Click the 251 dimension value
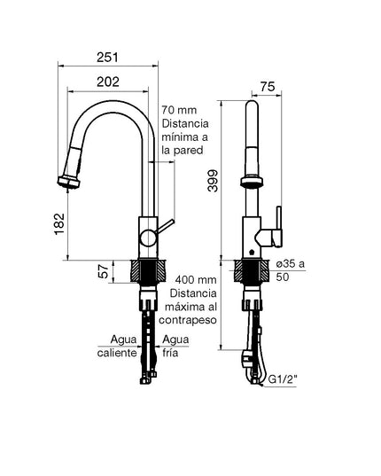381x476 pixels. [107, 57]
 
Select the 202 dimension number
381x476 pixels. [108, 82]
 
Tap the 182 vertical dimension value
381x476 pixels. [59, 224]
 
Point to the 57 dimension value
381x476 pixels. [105, 271]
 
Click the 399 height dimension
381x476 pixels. [213, 181]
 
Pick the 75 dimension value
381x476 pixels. [268, 87]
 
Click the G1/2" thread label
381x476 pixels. [283, 379]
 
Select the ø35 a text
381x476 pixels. [291, 263]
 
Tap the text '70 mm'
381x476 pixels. [179, 110]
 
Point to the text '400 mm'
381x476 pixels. [196, 279]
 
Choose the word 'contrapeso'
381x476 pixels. [188, 320]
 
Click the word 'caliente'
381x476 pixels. [117, 353]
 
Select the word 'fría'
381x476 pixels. [170, 353]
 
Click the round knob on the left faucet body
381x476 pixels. [148, 238]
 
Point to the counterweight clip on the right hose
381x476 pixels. [246, 357]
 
